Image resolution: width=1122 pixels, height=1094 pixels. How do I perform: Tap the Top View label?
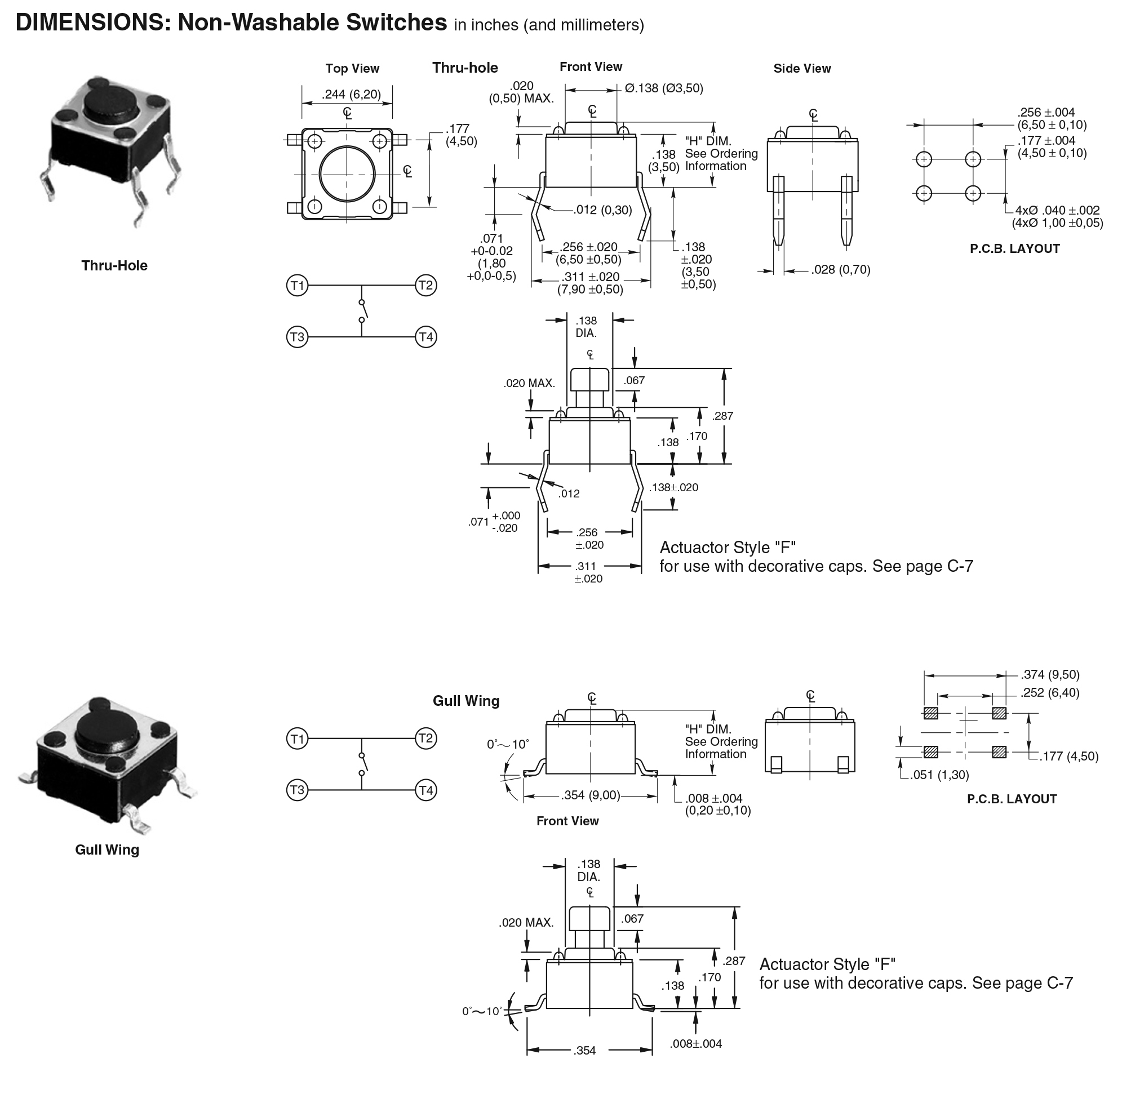click(x=352, y=68)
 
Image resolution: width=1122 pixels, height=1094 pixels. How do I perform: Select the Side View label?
click(x=801, y=68)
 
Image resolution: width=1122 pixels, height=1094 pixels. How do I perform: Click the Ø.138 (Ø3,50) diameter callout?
click(x=663, y=88)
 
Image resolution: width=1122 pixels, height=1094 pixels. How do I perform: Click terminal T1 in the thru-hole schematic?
click(x=297, y=286)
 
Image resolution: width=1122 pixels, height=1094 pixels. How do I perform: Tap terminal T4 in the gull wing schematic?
click(x=426, y=790)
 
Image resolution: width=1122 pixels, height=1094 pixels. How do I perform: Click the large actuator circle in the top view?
click(x=347, y=174)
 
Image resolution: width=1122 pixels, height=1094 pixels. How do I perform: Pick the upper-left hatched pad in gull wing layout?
click(x=930, y=713)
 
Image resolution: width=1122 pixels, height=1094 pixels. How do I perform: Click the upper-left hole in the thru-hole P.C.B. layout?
click(x=923, y=159)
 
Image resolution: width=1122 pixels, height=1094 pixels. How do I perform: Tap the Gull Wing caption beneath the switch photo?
click(x=107, y=850)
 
